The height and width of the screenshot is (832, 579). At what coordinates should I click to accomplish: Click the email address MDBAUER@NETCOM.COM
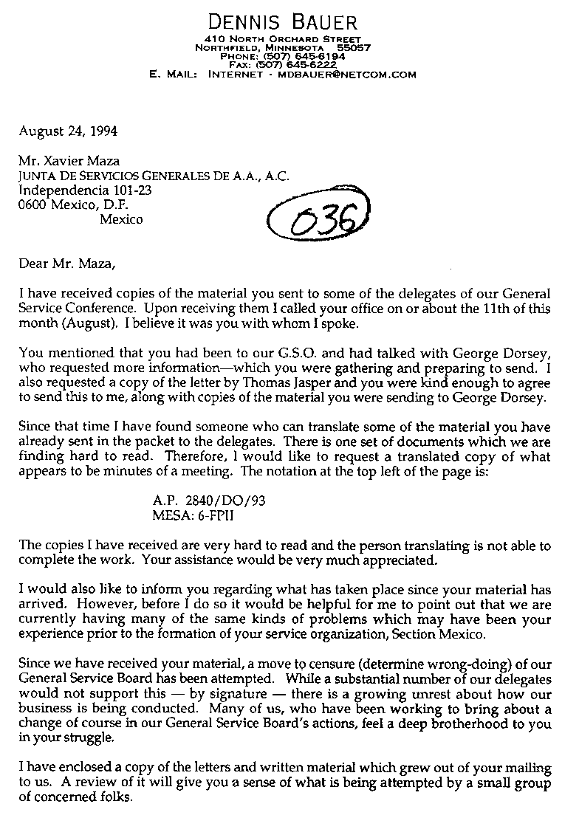pyautogui.click(x=346, y=75)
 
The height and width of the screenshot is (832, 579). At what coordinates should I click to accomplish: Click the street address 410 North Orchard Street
pyautogui.click(x=284, y=39)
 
